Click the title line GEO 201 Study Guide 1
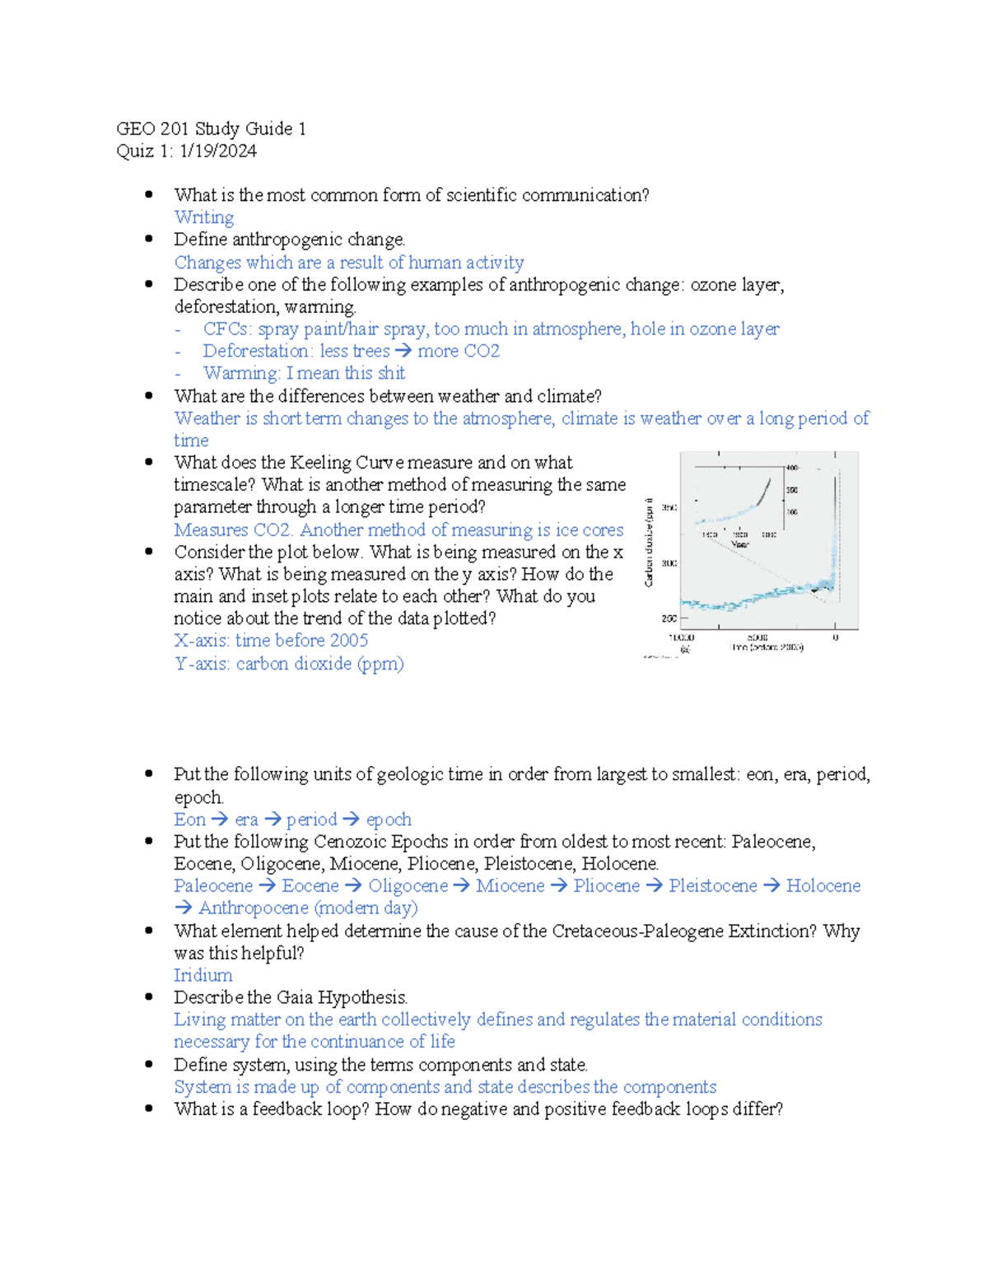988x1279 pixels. (x=211, y=128)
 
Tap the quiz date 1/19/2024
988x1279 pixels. (x=217, y=151)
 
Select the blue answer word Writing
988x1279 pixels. (x=203, y=217)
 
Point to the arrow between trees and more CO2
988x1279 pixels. (x=403, y=352)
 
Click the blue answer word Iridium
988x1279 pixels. (x=203, y=975)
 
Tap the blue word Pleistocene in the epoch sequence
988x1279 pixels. (x=712, y=885)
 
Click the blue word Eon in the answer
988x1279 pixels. (x=189, y=819)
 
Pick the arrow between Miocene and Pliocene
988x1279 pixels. (x=559, y=886)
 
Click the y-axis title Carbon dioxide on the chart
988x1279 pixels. (x=649, y=543)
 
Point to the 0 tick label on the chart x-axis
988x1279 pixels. (x=835, y=637)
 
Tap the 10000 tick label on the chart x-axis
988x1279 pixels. (x=681, y=637)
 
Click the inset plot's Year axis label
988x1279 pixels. (x=740, y=544)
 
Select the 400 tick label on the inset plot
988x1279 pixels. (x=792, y=468)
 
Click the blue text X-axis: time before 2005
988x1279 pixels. (x=270, y=641)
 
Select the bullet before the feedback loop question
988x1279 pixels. (x=149, y=1109)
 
